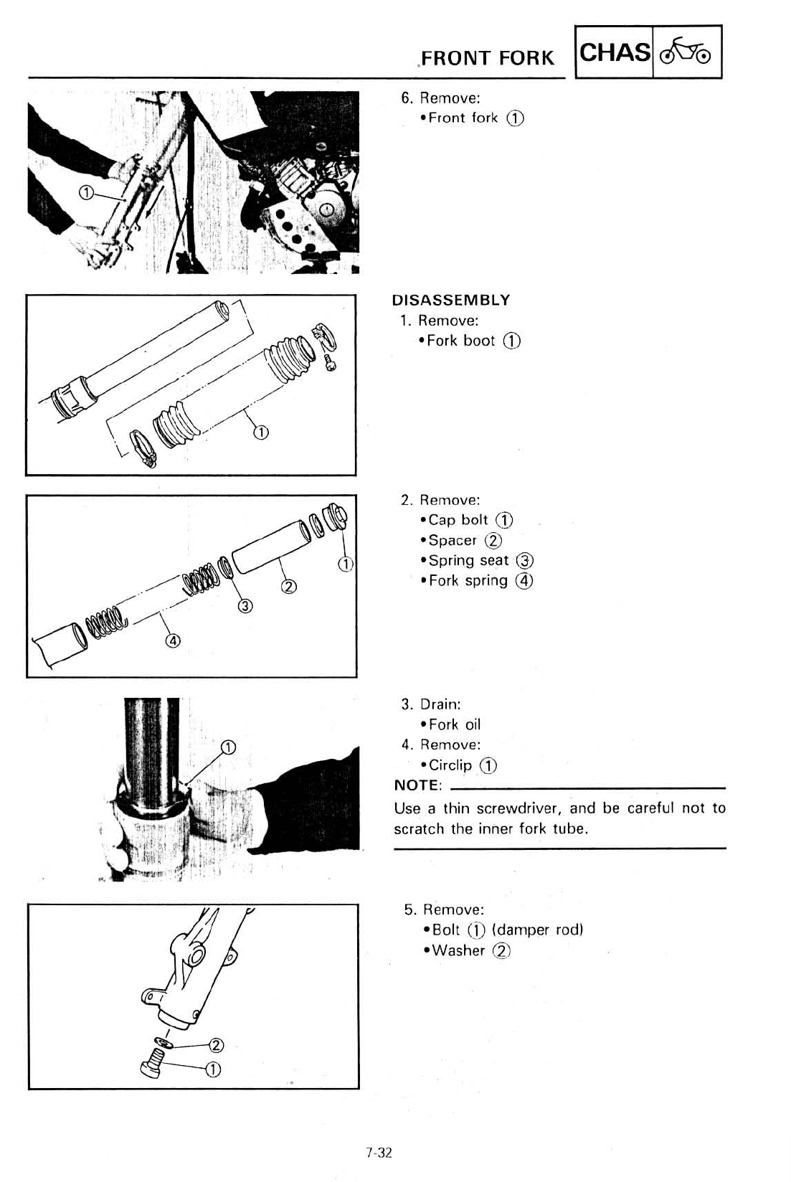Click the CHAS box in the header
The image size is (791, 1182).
(x=615, y=52)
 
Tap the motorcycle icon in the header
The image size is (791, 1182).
(x=686, y=52)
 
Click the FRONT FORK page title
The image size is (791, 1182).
(x=488, y=57)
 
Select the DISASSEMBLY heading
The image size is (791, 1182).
(x=451, y=300)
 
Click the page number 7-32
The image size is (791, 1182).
(x=379, y=1153)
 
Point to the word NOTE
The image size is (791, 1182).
(x=417, y=785)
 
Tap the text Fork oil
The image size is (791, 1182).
(x=455, y=724)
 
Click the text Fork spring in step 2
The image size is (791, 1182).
(x=468, y=580)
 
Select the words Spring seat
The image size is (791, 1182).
(x=468, y=560)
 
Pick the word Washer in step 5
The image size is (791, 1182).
(x=459, y=950)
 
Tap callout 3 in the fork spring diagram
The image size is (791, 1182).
(x=245, y=607)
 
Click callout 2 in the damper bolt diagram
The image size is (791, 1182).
(x=214, y=1044)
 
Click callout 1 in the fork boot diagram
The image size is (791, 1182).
(x=261, y=432)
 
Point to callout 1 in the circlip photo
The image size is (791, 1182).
(x=227, y=748)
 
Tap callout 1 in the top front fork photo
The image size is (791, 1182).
(x=86, y=192)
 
